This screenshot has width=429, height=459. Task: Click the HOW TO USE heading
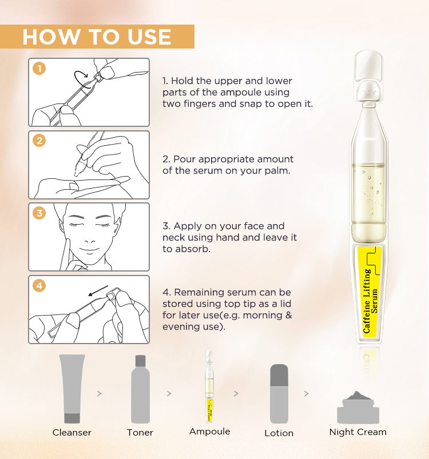(97, 37)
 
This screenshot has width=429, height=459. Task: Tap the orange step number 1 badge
(39, 69)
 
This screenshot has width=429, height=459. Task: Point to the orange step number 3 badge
(39, 214)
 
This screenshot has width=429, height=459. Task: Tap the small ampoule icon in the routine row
(210, 385)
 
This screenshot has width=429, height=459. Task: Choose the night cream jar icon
(357, 405)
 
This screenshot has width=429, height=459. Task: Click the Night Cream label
(357, 432)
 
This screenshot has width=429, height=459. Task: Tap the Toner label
(140, 433)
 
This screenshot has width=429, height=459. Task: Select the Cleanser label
(72, 433)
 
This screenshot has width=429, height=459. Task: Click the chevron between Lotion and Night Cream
(306, 394)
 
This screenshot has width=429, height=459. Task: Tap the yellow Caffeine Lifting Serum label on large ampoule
(371, 292)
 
